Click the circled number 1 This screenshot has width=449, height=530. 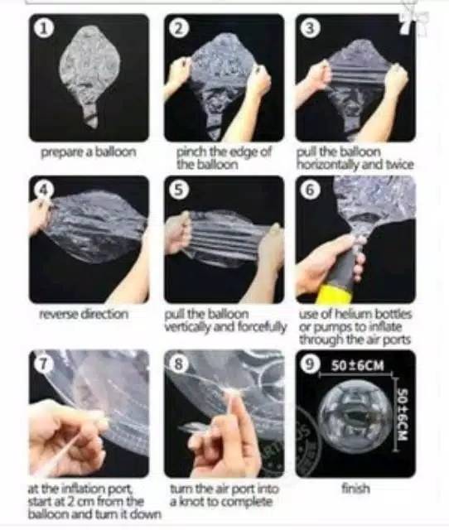[x=42, y=28]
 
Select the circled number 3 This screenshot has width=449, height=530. [x=310, y=28]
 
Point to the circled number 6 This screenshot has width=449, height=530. [x=310, y=190]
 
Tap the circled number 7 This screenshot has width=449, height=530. [x=43, y=364]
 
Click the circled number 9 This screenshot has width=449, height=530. [x=309, y=364]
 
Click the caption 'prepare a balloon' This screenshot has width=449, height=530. [x=89, y=152]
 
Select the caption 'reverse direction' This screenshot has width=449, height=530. [x=84, y=315]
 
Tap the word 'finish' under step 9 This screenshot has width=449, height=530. [x=355, y=489]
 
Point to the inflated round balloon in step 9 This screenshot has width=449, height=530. [x=354, y=415]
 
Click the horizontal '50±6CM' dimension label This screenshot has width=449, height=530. [x=358, y=365]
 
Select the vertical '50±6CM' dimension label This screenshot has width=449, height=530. [x=403, y=415]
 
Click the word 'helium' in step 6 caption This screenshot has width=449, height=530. [x=353, y=314]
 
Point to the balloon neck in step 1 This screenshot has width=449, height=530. [x=90, y=113]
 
